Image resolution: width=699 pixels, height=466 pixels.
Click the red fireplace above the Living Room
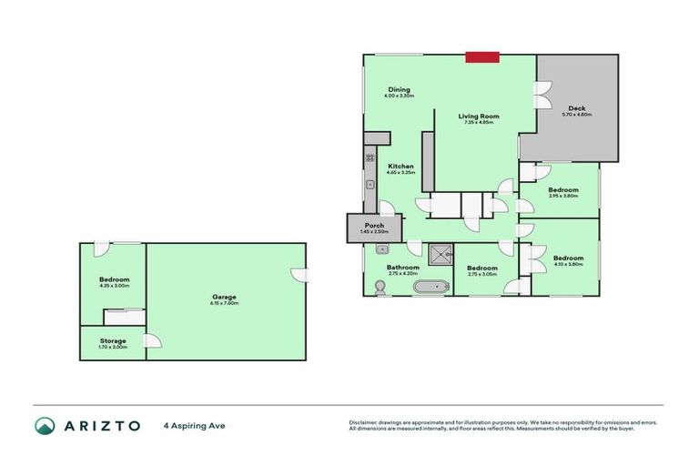coord(482,57)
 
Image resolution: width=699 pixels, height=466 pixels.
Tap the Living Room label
coord(478,116)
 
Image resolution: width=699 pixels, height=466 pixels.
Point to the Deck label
coord(576,108)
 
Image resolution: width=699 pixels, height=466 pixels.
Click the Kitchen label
coord(400,167)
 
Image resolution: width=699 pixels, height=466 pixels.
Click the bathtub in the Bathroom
coord(431,288)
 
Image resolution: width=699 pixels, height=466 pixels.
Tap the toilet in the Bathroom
coord(379,288)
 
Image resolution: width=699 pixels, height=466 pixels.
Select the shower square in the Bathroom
coord(441,253)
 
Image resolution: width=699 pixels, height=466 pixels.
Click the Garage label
coord(225,297)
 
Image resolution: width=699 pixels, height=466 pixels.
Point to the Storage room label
coord(114,341)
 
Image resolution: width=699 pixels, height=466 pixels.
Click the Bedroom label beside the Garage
coord(115,279)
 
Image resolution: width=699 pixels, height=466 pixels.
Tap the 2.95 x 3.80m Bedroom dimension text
coord(563,196)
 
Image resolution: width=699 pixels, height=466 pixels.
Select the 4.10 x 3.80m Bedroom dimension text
coord(568,264)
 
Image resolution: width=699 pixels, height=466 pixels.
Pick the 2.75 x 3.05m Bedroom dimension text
coord(481,274)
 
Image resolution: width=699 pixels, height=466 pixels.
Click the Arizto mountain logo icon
coord(45,425)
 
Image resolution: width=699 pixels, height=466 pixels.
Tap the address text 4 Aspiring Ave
coord(194,425)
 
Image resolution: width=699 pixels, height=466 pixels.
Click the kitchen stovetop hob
coord(370,157)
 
